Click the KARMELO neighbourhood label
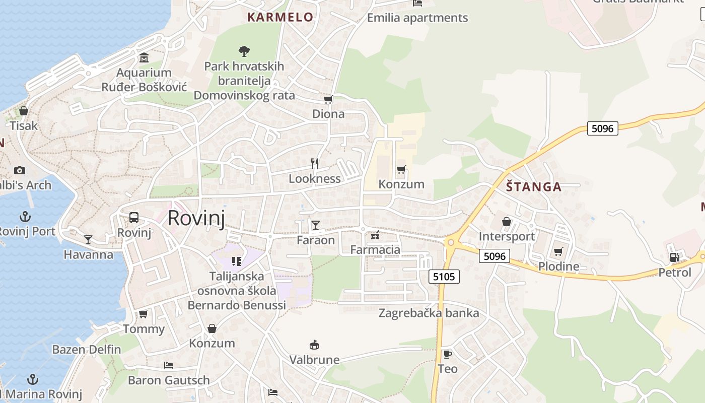(280, 17)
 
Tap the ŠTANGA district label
(534, 187)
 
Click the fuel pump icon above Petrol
(674, 257)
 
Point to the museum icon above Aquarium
(144, 57)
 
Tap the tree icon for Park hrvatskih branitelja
(244, 51)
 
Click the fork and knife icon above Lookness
(315, 163)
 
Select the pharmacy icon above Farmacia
(375, 235)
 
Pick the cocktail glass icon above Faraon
(316, 225)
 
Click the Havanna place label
(89, 254)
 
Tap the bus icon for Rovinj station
(134, 218)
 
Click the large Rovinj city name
(196, 218)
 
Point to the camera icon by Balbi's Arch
(20, 170)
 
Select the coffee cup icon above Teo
(447, 354)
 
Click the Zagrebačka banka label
(429, 313)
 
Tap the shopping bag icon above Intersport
(507, 222)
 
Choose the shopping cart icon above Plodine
(558, 251)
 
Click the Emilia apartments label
(417, 18)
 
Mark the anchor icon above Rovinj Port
(25, 217)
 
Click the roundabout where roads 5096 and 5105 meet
(451, 242)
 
